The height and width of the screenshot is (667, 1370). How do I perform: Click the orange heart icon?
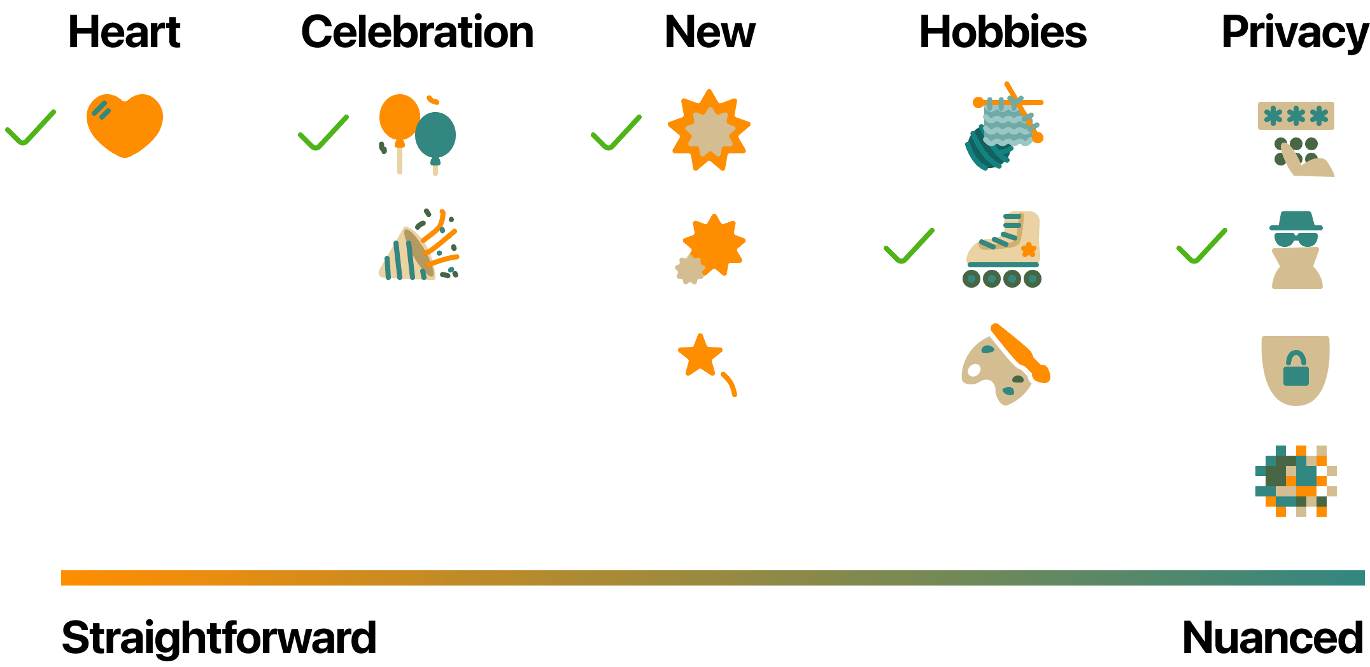pos(125,125)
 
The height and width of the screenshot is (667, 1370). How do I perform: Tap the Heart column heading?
pos(125,32)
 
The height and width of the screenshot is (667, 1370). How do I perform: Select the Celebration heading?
pos(417,32)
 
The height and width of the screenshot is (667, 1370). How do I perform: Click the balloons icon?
pos(417,134)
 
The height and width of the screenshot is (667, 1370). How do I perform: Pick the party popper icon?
pos(419,246)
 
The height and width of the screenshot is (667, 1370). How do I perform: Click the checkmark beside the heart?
pos(31,127)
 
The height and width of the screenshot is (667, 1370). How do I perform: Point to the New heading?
pos(710,32)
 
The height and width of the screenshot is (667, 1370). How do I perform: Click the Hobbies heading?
pos(1003,32)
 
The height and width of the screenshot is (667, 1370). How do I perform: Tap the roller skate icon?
pos(1003,249)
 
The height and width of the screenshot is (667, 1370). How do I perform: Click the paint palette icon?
pos(1005,365)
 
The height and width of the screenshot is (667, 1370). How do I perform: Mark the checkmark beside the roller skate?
pos(909,246)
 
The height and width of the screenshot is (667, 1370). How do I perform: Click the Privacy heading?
pos(1295,32)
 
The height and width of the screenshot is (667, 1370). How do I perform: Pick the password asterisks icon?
pos(1296,139)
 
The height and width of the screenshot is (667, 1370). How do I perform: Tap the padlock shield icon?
pos(1296,370)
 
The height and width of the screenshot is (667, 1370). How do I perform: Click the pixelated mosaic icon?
pos(1296,481)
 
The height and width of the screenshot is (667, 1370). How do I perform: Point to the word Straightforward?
pos(219,637)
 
